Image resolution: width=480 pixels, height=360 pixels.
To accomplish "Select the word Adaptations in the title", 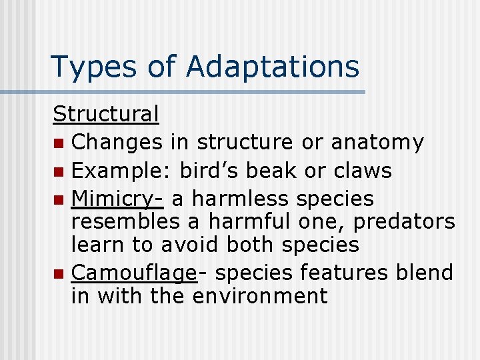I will (x=273, y=67).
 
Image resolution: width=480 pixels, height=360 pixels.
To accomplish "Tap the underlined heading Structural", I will (x=106, y=114).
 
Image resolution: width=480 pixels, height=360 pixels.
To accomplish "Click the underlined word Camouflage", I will (x=134, y=273).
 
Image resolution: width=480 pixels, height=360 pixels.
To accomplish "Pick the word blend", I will (x=425, y=273).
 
